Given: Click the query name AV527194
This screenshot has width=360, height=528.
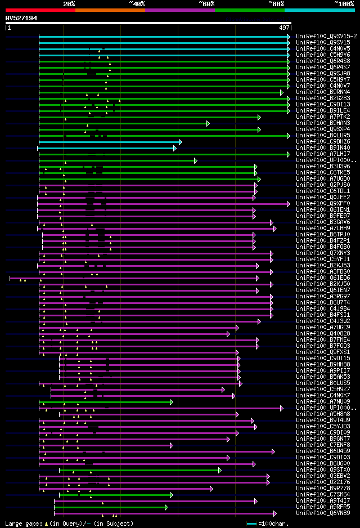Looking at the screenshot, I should coord(21,18).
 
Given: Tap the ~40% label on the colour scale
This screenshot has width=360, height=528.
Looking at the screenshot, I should coord(137,3).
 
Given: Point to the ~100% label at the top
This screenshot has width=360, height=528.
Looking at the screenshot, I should coord(344,3).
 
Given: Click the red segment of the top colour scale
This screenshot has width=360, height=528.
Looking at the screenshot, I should coord(40,10).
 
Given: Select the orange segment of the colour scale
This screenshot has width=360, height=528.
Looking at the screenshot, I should coord(110,10).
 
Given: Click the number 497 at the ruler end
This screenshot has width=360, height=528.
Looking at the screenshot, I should coord(284,27).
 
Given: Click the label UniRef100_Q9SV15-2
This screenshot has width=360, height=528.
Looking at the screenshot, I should coord(326,36).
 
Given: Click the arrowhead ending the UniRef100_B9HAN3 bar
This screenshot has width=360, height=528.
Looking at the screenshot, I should coord(208,123).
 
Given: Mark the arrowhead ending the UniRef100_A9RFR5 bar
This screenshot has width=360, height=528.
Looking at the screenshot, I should coord(166,507).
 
